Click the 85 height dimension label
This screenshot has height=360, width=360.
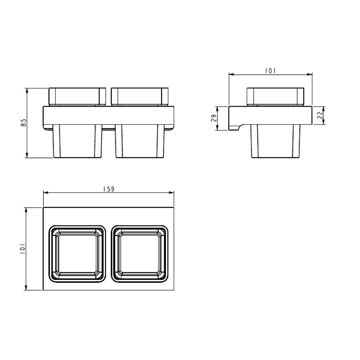(23, 123)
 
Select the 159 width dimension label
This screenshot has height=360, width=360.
(109, 189)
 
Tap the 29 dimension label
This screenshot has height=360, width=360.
(214, 118)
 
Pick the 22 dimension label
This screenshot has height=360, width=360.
(320, 115)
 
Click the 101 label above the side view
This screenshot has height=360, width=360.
(270, 71)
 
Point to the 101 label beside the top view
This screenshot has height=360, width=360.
(22, 249)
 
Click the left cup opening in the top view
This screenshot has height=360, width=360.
(77, 254)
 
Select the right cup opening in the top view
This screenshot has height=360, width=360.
(140, 254)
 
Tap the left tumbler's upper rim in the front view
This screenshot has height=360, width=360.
(77, 96)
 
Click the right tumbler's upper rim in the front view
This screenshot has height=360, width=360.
(140, 96)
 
